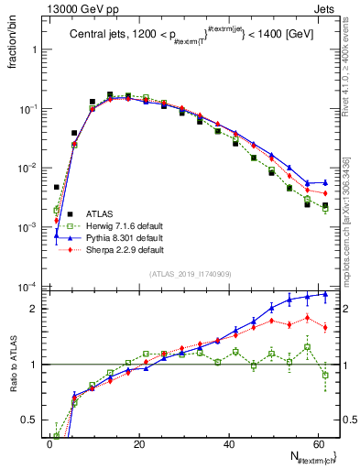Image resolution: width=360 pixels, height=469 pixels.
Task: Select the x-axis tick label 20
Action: point(138,443)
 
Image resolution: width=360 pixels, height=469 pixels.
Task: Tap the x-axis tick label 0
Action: point(49,443)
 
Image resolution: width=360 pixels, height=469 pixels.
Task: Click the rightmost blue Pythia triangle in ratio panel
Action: point(325,295)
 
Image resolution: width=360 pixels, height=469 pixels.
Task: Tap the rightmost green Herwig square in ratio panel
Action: point(325,375)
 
